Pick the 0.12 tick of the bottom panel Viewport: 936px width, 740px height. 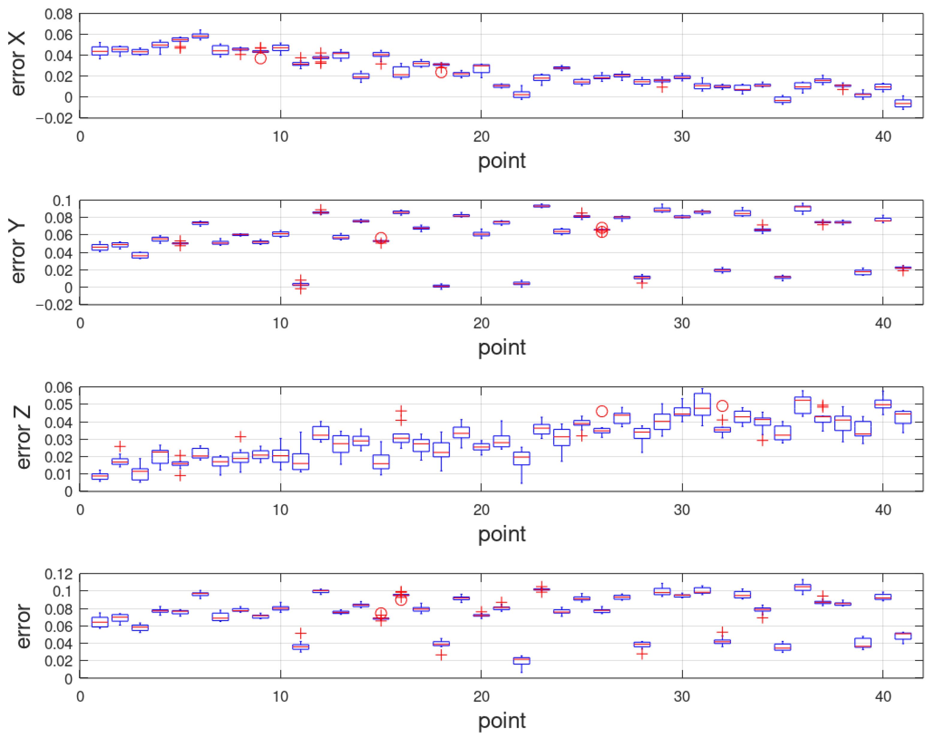[x=58, y=574]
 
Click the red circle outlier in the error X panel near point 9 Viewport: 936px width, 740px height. [x=260, y=58]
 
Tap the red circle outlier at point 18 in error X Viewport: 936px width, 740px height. [x=441, y=72]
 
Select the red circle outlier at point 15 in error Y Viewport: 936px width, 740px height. [x=381, y=237]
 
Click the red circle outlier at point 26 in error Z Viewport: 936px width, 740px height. [x=602, y=411]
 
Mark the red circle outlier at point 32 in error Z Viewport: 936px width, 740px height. [x=722, y=406]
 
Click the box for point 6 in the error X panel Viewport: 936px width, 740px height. [x=200, y=36]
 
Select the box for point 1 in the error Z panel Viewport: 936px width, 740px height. [x=100, y=476]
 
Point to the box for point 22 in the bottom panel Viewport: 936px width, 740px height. [x=521, y=661]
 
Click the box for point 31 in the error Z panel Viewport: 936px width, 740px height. [x=702, y=404]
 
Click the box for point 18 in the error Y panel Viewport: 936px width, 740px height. [x=441, y=286]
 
